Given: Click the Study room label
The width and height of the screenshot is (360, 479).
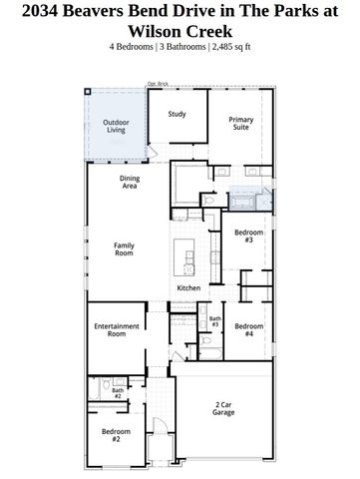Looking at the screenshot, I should coord(178,114).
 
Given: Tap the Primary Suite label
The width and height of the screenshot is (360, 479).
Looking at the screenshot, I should coord(241,124).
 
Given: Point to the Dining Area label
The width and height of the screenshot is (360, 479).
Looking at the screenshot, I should coord(130,182).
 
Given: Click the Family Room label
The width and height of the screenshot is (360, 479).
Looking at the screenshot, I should coord(124,249).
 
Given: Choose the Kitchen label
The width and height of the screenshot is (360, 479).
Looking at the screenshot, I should coord(188,288).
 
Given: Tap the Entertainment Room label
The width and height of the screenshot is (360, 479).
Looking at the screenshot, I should coord(116,330).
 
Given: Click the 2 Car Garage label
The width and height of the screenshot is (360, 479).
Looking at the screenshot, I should coord(224,407).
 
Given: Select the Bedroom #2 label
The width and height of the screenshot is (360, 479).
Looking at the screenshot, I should coord(116,434).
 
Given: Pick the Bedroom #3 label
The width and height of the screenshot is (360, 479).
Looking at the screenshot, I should coord(248,236).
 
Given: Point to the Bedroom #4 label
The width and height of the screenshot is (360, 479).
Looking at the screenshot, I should coord(248,329).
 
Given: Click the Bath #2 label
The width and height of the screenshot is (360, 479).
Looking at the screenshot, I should coord(118,393).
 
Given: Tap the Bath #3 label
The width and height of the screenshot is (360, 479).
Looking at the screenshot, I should coord(214,321).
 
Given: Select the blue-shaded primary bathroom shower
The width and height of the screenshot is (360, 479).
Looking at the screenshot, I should coord(243,198).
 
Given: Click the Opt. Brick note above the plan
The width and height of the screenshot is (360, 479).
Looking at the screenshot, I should coord(157,84).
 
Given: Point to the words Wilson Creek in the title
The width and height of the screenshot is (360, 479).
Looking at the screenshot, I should coord(180,31).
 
